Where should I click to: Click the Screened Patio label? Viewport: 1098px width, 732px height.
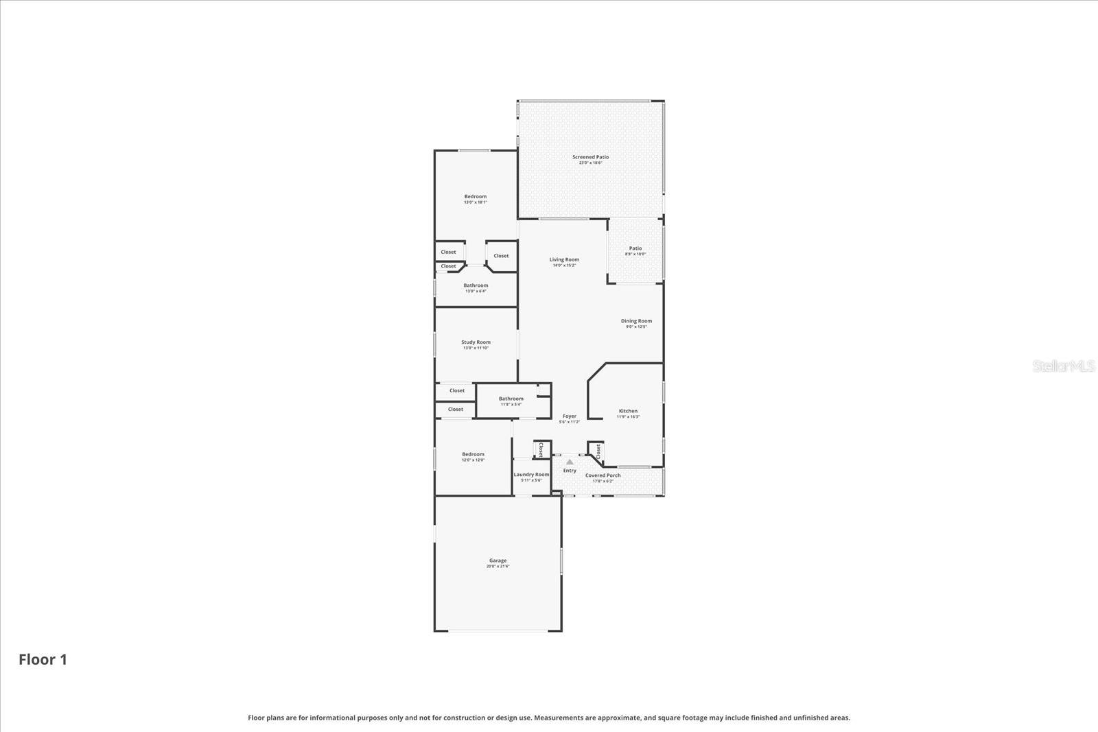tap(590, 157)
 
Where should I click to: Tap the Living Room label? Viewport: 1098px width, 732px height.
tap(564, 259)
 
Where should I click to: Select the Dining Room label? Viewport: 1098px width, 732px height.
tap(636, 321)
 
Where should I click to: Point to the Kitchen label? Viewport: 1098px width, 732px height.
tap(628, 411)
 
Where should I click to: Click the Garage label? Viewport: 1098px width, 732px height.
tap(498, 560)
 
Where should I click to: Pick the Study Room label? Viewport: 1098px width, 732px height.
tap(476, 342)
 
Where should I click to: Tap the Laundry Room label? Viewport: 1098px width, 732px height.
tap(531, 475)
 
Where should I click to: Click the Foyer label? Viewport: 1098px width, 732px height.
tap(570, 416)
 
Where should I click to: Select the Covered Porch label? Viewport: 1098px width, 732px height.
tap(603, 475)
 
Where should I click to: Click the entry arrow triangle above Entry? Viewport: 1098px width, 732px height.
tap(570, 462)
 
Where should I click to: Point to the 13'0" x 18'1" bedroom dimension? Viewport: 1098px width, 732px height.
tap(475, 202)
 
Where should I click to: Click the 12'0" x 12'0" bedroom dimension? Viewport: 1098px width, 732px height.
tap(473, 460)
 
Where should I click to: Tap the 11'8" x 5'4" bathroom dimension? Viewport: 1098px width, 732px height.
tap(511, 405)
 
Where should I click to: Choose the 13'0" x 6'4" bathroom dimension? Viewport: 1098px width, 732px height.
tap(476, 292)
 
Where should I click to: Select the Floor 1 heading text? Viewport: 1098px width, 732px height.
tap(43, 660)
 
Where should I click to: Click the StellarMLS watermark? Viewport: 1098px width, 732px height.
tap(1064, 366)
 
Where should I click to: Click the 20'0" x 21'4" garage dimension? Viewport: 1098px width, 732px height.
tap(498, 567)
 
